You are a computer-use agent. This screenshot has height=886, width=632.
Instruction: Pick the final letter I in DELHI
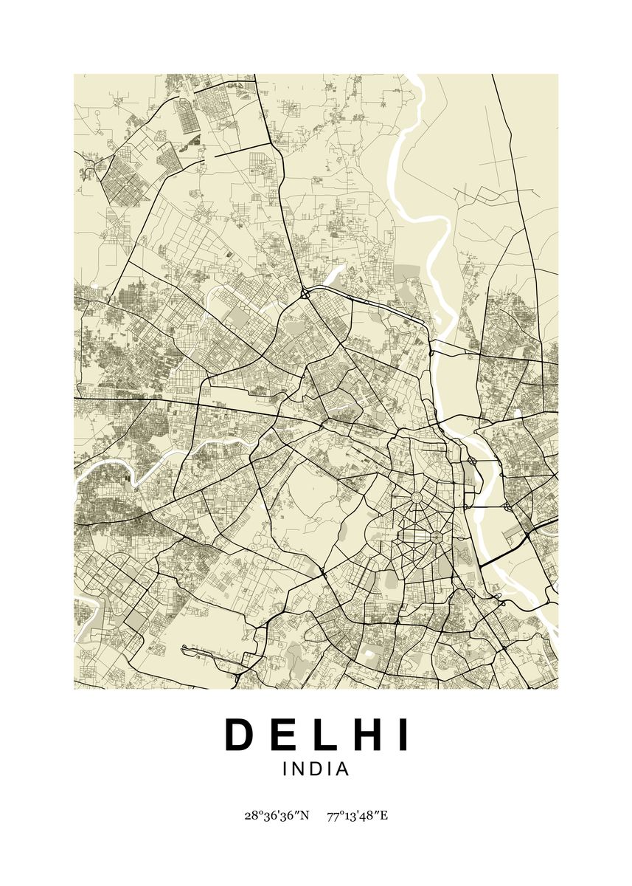pos(400,735)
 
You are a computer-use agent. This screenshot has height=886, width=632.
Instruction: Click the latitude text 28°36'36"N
pos(277,816)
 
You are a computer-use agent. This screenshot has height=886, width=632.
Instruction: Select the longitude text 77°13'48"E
pos(357,816)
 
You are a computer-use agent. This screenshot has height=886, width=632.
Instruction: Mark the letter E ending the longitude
pos(383,816)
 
